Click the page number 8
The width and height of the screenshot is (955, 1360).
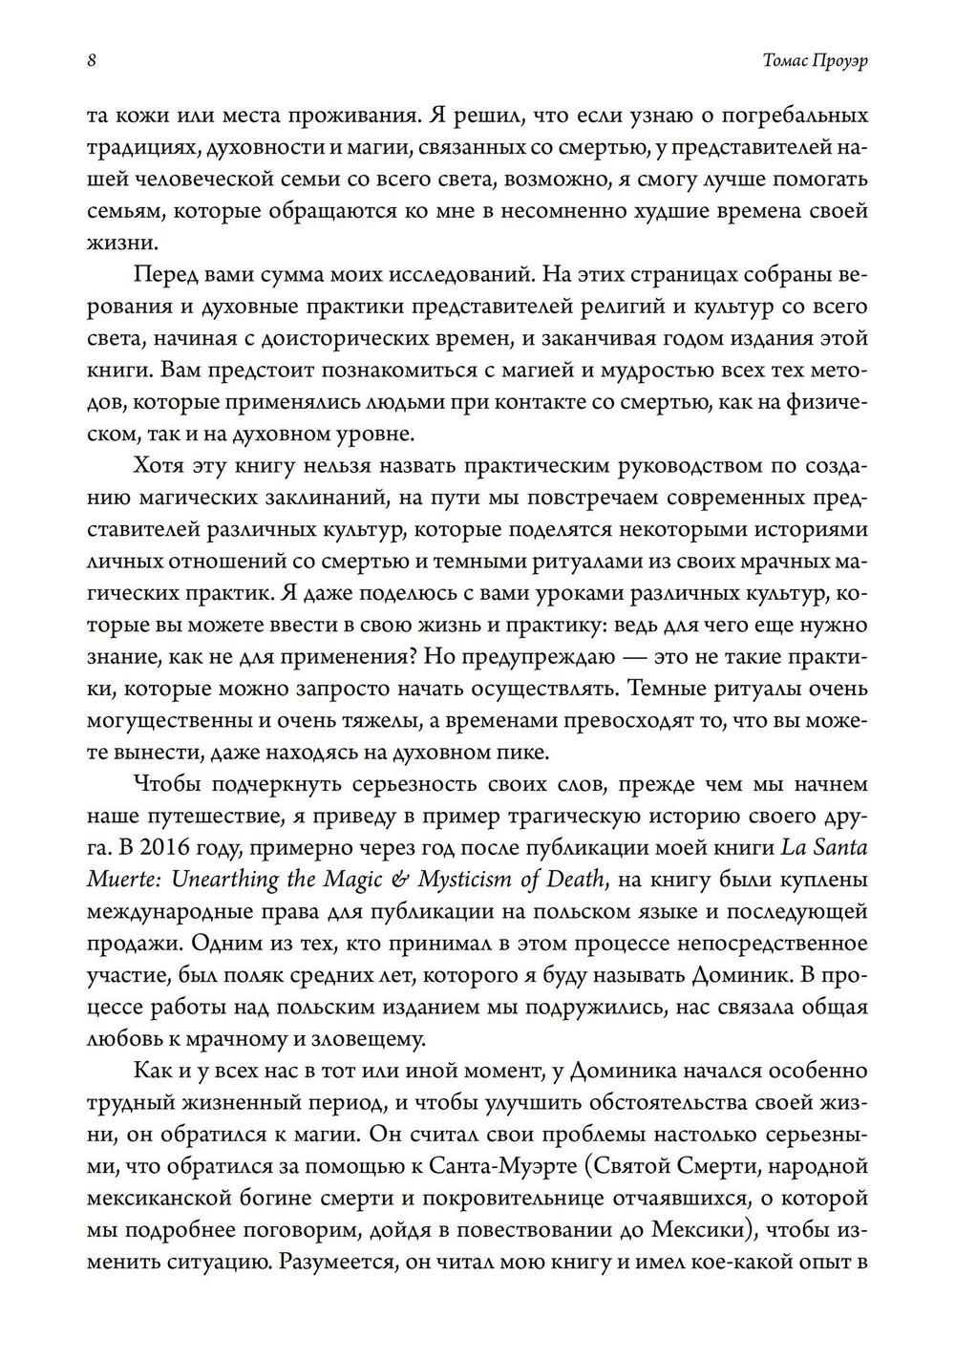91,60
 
